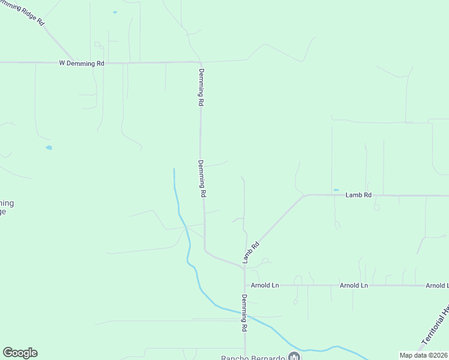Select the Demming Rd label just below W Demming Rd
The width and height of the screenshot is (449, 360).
click(x=200, y=88)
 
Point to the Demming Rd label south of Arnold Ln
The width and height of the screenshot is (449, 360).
click(x=245, y=313)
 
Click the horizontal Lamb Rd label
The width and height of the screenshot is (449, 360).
click(x=359, y=195)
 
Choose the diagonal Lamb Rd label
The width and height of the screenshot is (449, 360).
click(x=251, y=252)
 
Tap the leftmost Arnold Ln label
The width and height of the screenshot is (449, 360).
click(x=265, y=286)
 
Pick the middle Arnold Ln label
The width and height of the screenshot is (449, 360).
click(x=354, y=286)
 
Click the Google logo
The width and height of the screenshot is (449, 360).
click(x=20, y=353)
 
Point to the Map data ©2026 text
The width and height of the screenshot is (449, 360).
click(x=424, y=355)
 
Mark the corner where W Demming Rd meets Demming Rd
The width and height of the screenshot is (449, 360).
click(x=200, y=62)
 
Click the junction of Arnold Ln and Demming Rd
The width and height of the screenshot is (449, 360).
click(x=244, y=286)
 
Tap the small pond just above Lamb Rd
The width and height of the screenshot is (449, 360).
click(x=336, y=190)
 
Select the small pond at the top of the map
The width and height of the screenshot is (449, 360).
click(x=115, y=12)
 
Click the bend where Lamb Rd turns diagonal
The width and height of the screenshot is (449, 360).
click(x=304, y=195)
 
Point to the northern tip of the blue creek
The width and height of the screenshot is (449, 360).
click(x=174, y=169)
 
